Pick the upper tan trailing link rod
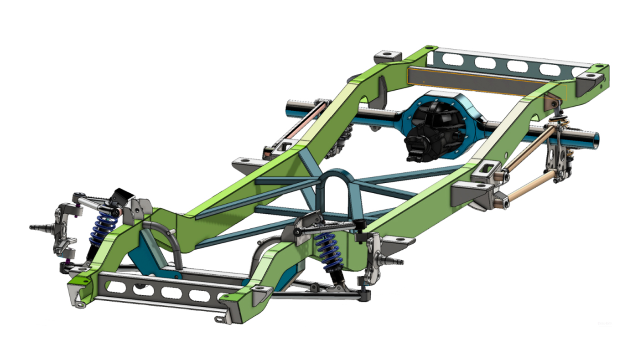(529, 150)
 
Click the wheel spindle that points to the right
(396, 262)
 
